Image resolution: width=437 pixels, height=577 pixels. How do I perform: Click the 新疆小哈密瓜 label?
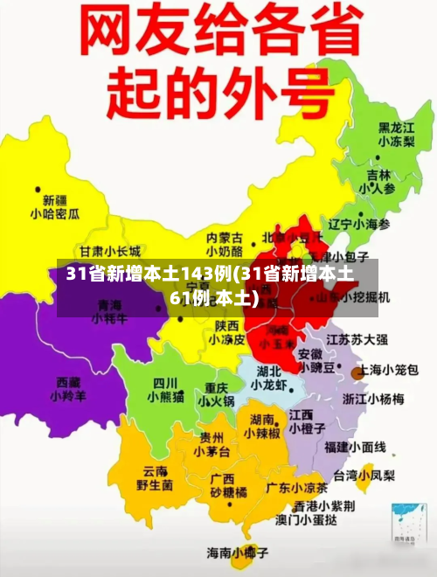pyautogui.click(x=55, y=206)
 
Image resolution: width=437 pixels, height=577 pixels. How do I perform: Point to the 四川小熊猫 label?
pyautogui.click(x=165, y=390)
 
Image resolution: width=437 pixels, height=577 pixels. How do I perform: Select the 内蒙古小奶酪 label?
pyautogui.click(x=225, y=244)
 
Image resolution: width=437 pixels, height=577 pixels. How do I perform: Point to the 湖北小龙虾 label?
pyautogui.click(x=268, y=378)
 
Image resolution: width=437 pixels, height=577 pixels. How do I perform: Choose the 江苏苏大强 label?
pyautogui.click(x=357, y=338)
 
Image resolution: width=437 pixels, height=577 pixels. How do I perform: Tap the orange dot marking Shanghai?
pyautogui.click(x=357, y=373)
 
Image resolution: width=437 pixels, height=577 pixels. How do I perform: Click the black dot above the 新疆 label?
pyautogui.click(x=38, y=187)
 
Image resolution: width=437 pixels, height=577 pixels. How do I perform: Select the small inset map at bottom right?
pyautogui.click(x=408, y=523)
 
